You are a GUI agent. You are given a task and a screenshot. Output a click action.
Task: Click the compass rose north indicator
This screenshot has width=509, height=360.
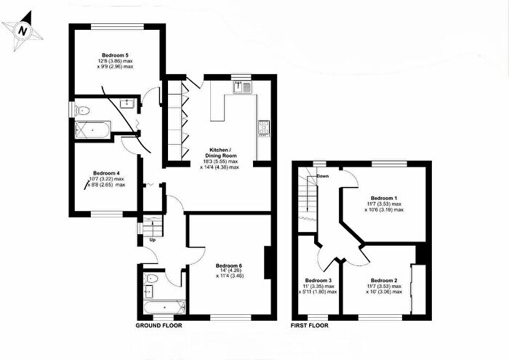pos(23,31)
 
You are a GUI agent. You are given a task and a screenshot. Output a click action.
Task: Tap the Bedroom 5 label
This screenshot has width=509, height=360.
pos(114,55)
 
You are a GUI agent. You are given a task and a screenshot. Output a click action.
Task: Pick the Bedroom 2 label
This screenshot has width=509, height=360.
pos(383,280)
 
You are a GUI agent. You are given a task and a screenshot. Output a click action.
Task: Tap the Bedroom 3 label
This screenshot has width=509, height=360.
pos(318,280)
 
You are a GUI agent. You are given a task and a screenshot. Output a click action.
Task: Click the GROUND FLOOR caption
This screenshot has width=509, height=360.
pos(159,326)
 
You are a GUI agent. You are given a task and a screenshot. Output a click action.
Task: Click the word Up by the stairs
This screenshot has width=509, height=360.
pos(153,240)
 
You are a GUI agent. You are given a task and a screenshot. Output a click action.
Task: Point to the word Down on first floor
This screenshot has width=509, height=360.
pos(323,176)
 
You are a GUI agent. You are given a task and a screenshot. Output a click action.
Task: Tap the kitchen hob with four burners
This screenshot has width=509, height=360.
pos(262,128)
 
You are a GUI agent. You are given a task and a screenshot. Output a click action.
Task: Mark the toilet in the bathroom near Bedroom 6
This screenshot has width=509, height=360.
pos(153,279)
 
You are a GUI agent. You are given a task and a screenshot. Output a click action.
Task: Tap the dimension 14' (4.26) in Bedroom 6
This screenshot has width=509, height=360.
pos(231,271)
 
